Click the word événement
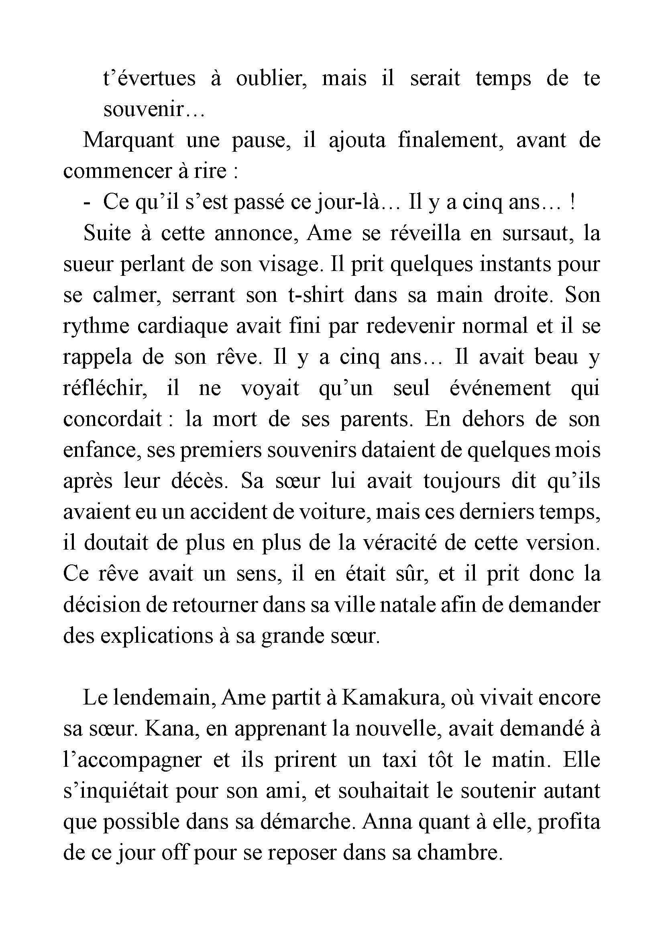tap(500, 388)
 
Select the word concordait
tap(113, 419)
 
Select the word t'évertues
tap(150, 79)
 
